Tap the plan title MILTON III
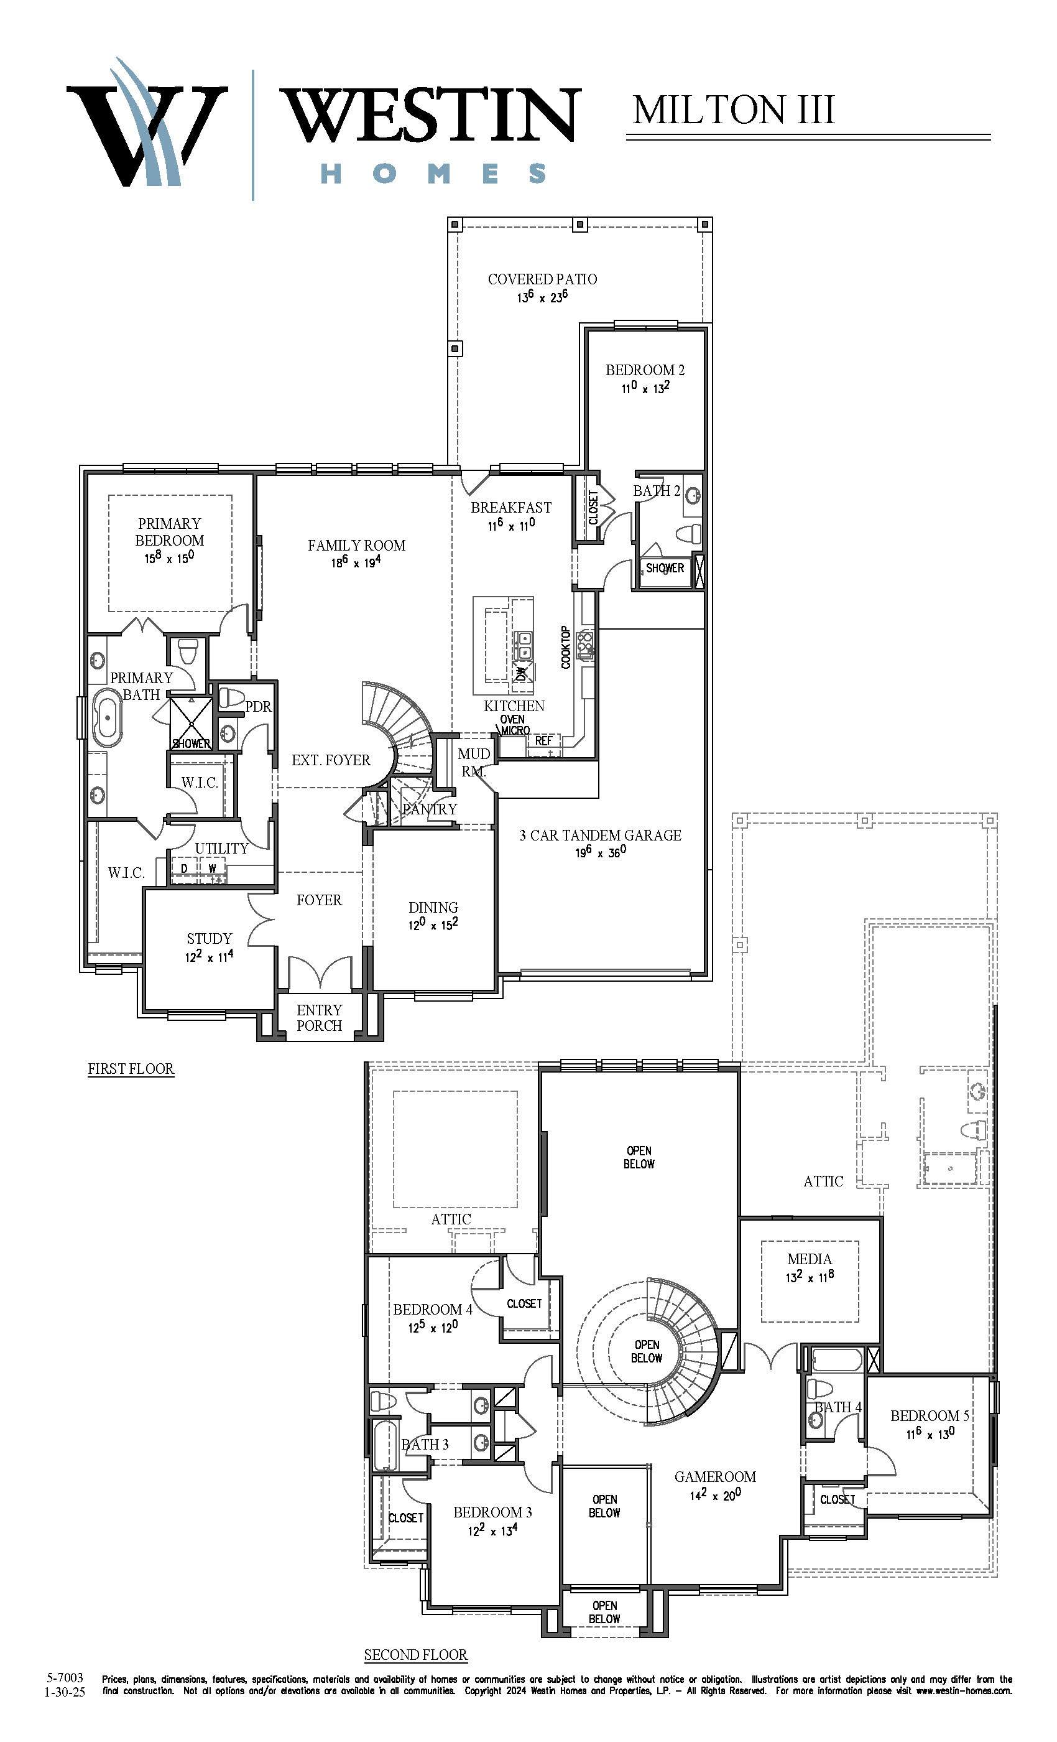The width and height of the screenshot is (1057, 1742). pyautogui.click(x=734, y=109)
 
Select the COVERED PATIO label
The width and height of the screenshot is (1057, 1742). pyautogui.click(x=542, y=279)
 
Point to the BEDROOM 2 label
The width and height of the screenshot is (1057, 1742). pyautogui.click(x=644, y=370)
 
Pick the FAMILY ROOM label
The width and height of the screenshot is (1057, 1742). pyautogui.click(x=356, y=545)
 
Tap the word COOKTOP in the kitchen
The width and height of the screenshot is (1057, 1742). pyautogui.click(x=565, y=647)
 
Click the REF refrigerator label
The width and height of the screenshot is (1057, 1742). pyautogui.click(x=543, y=740)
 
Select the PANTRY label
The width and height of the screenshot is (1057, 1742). pyautogui.click(x=430, y=809)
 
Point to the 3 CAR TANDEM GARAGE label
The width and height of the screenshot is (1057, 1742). pyautogui.click(x=601, y=835)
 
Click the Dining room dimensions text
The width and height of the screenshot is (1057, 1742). pyautogui.click(x=433, y=924)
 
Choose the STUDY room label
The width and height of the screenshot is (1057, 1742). pyautogui.click(x=209, y=938)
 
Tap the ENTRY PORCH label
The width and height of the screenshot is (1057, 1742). pyautogui.click(x=320, y=1017)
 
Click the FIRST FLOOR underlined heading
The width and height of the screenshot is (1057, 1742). pyautogui.click(x=131, y=1068)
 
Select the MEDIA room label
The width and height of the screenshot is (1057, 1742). pyautogui.click(x=809, y=1259)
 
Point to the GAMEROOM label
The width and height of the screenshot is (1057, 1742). pyautogui.click(x=715, y=1476)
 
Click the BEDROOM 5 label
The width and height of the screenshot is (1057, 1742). pyautogui.click(x=930, y=1415)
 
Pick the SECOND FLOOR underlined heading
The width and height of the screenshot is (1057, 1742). pyautogui.click(x=415, y=1655)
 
